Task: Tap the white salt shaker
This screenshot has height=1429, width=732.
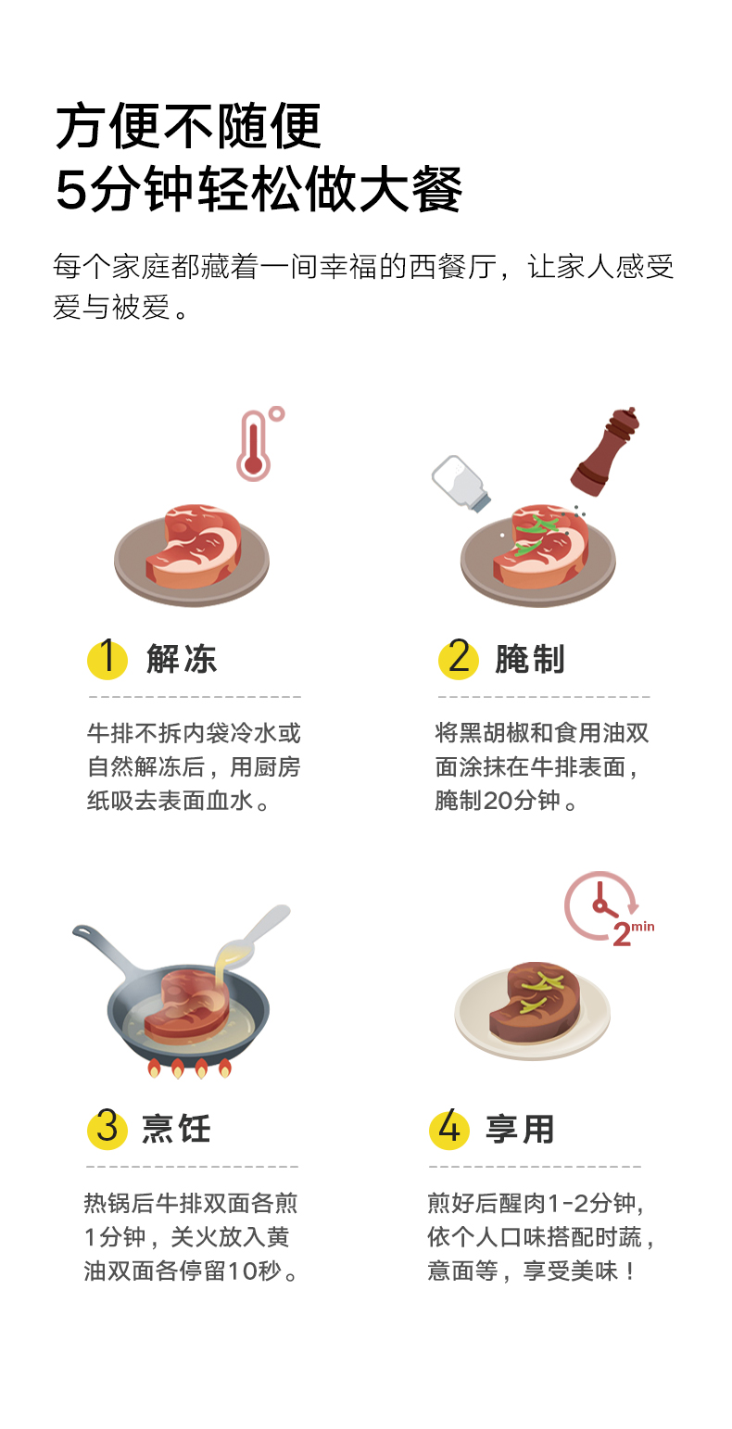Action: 461,483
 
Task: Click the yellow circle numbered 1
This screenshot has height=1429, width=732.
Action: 107,658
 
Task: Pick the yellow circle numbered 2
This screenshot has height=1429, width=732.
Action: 459,658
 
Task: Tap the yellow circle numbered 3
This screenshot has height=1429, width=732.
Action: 107,1129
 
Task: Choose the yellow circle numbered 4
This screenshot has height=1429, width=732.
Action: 448,1129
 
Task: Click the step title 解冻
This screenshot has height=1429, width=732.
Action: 182,659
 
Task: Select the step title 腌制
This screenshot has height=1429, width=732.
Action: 530,659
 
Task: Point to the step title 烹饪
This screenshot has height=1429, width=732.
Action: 176,1129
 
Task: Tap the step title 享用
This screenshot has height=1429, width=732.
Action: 520,1129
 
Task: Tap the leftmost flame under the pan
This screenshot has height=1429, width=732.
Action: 155,1068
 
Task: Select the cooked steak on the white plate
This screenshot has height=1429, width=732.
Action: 534,1001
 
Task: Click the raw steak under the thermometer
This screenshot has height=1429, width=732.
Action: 194,546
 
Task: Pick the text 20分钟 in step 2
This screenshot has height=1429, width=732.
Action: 522,800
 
